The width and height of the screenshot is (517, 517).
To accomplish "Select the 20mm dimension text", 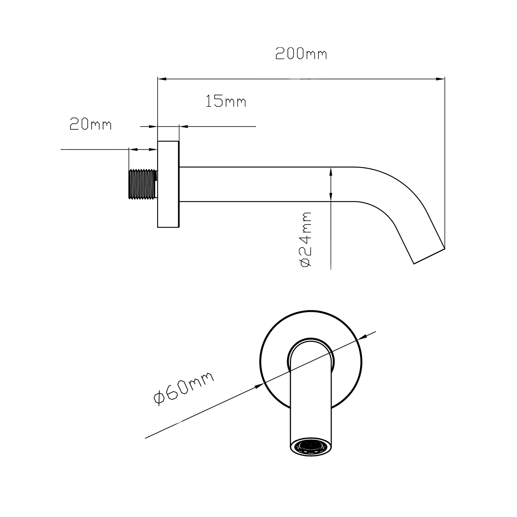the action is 90,124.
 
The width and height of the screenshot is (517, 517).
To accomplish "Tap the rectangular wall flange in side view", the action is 168,184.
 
